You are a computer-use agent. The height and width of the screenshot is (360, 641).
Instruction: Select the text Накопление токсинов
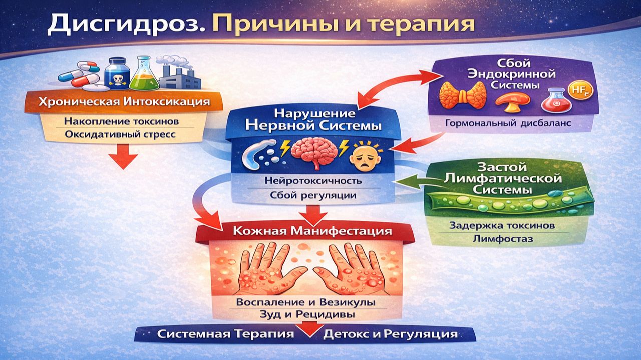coord(123,121)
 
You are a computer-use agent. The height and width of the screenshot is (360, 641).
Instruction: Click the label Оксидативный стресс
coord(123,135)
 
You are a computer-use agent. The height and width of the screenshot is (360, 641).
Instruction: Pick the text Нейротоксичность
coord(313,181)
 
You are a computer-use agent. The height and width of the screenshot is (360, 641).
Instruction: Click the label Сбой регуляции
coord(313,195)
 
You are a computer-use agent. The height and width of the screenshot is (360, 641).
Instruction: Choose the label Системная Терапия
coord(226,334)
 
